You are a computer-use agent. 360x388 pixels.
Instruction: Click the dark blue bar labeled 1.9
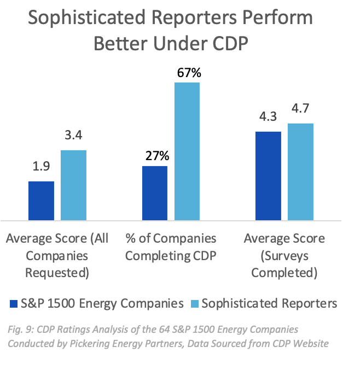[x=41, y=201]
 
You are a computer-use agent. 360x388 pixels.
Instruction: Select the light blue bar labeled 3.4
[x=73, y=185]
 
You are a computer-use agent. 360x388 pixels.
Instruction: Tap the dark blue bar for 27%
[x=155, y=193]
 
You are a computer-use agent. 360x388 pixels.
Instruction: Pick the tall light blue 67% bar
[x=187, y=151]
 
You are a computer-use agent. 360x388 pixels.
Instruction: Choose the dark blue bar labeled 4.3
[x=268, y=175]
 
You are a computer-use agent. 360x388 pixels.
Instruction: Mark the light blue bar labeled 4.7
[x=300, y=172]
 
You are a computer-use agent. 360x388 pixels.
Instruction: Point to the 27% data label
[x=155, y=156]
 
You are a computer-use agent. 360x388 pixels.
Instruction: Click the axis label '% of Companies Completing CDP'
[x=171, y=247]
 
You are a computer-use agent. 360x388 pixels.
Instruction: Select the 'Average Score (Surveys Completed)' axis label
[x=284, y=255]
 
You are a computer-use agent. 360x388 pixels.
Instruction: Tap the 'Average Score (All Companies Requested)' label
[x=57, y=255]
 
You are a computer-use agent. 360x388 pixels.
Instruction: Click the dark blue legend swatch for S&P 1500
[x=14, y=303]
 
